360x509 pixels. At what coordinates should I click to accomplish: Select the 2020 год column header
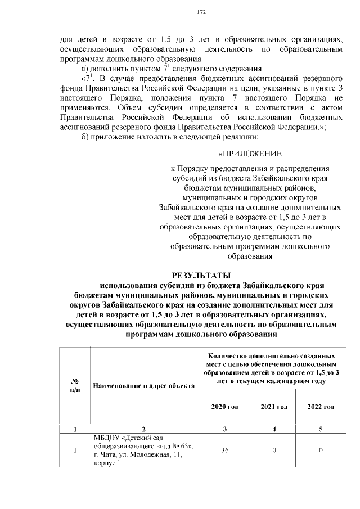point(224,407)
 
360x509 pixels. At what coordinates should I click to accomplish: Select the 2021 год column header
point(274,407)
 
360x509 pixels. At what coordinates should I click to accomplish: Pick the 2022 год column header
point(321,407)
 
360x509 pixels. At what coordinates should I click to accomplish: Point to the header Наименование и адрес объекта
point(144,386)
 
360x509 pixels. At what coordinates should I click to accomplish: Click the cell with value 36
point(224,451)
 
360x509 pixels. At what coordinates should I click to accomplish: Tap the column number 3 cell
point(224,429)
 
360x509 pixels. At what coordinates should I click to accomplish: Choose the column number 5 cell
point(321,429)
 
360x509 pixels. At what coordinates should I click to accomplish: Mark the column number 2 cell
point(144,429)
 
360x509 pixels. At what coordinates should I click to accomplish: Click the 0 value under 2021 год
point(274,451)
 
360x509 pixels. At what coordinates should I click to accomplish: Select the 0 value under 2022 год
point(321,451)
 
